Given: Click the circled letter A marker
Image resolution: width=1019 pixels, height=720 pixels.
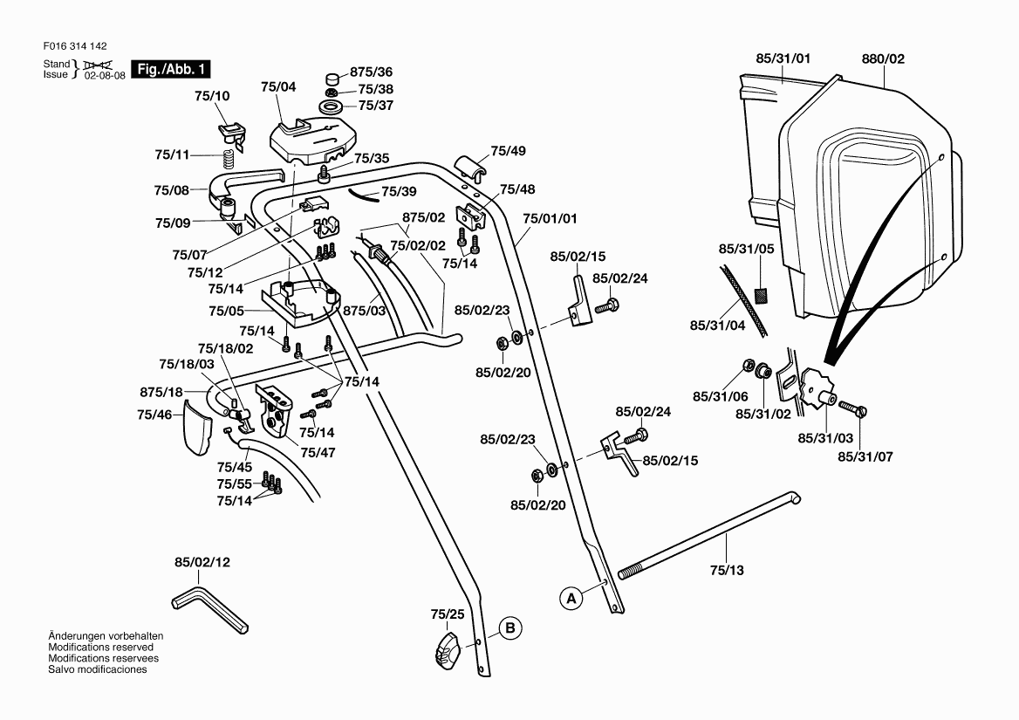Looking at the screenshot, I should coord(571,599).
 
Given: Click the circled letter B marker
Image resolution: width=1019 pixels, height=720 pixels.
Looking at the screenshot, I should coord(511,627).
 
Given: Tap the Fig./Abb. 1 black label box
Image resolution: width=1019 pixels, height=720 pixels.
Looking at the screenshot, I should coord(170,69).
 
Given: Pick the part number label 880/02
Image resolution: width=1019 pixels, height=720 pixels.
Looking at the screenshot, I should coord(883,58).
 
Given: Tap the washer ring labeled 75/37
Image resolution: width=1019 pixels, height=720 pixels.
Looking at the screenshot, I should coord(332,106).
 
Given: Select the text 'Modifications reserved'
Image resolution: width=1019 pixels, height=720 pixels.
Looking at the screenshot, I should coord(101,648).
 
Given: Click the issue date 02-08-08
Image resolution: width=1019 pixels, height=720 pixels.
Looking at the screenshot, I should coord(105,76).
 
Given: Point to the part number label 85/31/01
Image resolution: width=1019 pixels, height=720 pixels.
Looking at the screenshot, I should coord(783,58).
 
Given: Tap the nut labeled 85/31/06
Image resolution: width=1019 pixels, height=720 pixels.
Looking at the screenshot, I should coord(748,365).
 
